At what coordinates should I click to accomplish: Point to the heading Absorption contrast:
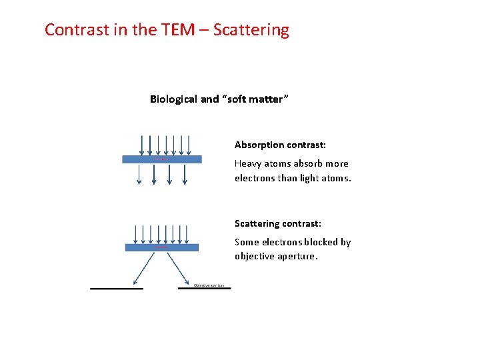(280, 145)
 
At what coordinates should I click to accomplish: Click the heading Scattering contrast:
(277, 224)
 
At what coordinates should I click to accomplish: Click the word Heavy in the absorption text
(247, 163)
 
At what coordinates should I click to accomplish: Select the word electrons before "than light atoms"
(255, 178)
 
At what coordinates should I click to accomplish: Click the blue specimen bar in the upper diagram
(161, 159)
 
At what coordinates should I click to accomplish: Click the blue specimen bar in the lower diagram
(162, 247)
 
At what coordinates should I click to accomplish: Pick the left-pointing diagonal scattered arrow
(147, 267)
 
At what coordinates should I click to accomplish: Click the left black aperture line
(117, 289)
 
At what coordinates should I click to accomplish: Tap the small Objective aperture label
(211, 285)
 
